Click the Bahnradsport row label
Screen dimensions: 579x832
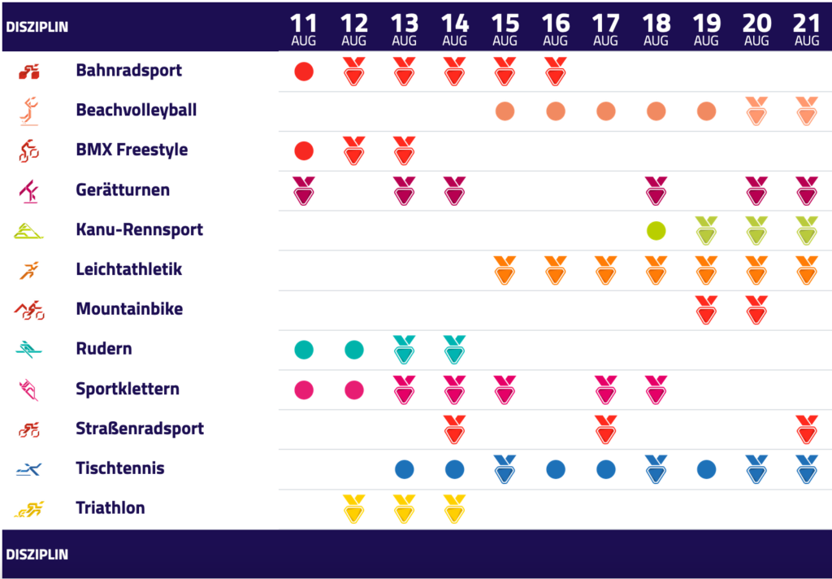(x=128, y=71)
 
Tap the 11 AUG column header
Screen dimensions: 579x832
(x=304, y=30)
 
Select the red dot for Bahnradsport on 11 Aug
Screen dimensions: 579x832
(x=304, y=72)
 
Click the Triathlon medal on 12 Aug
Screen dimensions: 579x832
(x=354, y=509)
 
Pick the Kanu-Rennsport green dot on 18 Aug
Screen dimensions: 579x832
(x=656, y=230)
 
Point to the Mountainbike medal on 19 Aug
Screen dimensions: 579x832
(x=706, y=310)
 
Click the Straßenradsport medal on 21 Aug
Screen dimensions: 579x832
(x=807, y=429)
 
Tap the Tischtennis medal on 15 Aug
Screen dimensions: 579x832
(x=505, y=469)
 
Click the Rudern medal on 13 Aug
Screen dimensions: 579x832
(x=404, y=350)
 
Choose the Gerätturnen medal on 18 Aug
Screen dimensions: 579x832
(x=656, y=191)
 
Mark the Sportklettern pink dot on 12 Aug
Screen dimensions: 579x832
(x=354, y=390)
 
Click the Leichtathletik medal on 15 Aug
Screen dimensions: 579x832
(x=505, y=270)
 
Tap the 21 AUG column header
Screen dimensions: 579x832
(x=807, y=30)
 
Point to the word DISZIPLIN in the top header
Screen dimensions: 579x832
(x=37, y=26)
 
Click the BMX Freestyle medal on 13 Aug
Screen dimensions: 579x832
(x=404, y=150)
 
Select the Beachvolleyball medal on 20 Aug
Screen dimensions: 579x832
(x=756, y=111)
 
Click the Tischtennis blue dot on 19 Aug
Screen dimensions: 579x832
(x=706, y=469)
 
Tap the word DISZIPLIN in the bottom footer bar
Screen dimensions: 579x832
(x=37, y=555)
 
